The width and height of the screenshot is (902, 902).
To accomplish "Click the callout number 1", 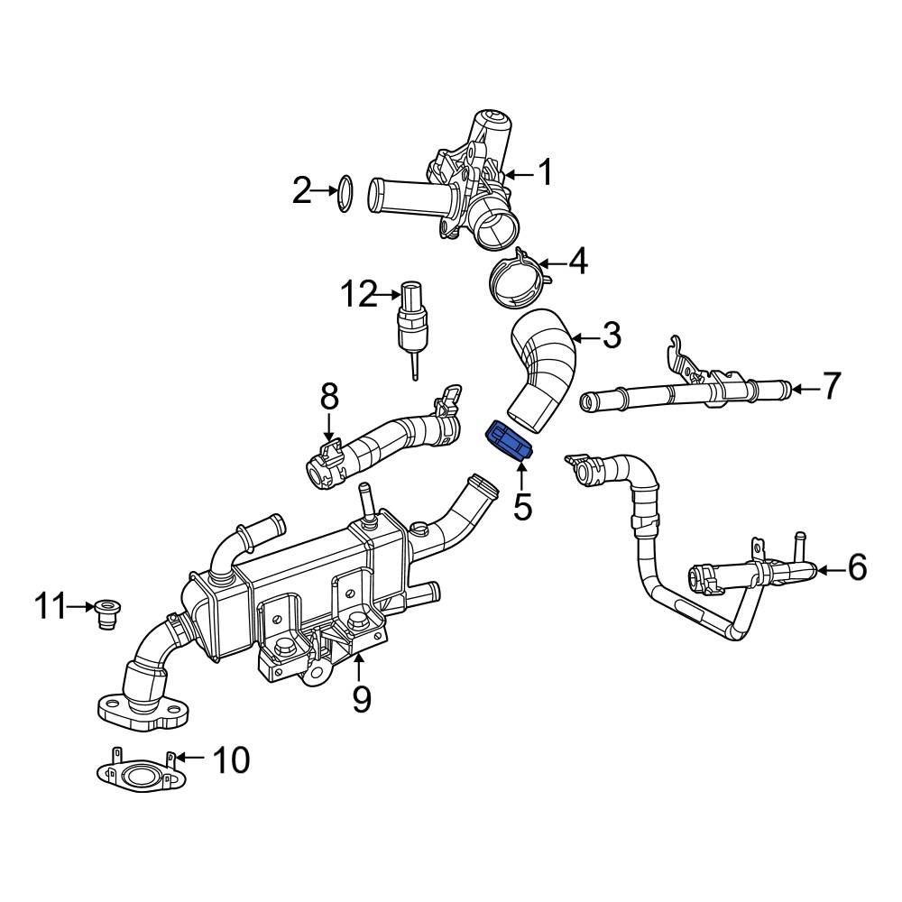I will point(545,171).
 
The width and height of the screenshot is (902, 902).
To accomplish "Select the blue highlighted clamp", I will point(509,443).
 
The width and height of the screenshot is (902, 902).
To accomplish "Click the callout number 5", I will point(522,507).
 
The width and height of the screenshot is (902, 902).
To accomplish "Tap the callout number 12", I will point(357,294).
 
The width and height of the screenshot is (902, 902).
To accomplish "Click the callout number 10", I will point(229,760).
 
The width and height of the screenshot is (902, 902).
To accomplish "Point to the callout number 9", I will point(362,699).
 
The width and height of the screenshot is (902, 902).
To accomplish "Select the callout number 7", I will point(831,386).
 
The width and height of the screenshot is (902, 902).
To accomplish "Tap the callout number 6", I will point(856,567).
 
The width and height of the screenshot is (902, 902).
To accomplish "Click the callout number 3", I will point(612,337).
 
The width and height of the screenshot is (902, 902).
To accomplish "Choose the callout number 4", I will point(577,262).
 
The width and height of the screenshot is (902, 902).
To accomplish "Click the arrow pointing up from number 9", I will point(360,668).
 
